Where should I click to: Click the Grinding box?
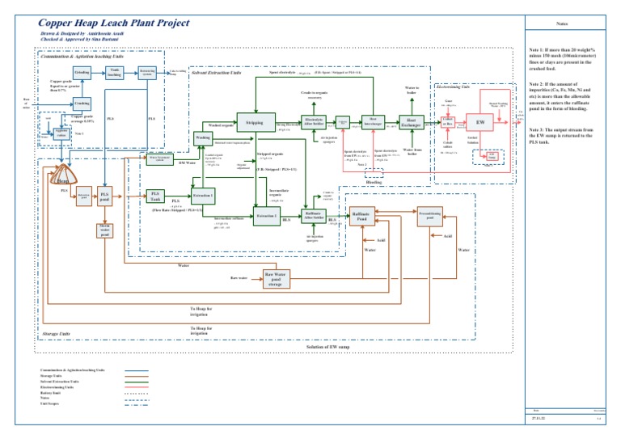82,74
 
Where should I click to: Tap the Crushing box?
82,103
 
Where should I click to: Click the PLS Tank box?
155,196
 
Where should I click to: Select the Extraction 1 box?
202,196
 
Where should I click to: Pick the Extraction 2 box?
267,217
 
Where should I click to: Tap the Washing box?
203,138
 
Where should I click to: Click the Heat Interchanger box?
372,122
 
